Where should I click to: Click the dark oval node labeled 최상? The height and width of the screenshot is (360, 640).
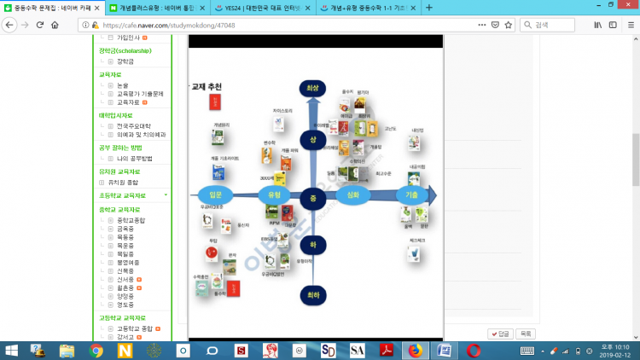(313, 88)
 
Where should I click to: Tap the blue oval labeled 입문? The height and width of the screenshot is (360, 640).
(214, 195)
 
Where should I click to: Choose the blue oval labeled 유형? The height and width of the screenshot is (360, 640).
(274, 195)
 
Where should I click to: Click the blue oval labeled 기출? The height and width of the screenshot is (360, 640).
(411, 195)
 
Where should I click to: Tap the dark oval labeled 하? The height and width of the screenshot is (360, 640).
(313, 244)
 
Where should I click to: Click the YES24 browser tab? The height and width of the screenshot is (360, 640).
(256, 8)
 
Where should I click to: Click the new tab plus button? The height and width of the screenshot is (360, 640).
(428, 8)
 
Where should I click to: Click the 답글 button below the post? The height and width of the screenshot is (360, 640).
(499, 333)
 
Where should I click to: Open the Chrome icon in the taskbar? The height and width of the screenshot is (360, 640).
(96, 350)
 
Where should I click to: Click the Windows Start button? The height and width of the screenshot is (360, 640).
(11, 350)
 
